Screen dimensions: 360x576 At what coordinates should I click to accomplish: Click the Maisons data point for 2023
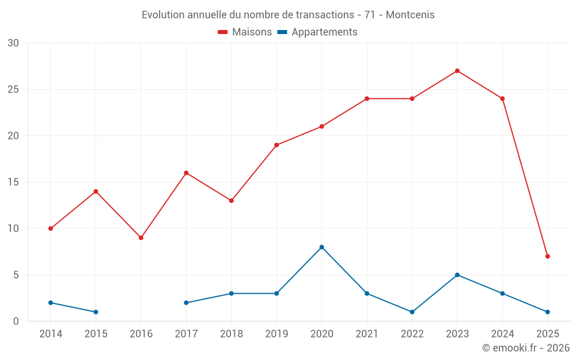(457, 71)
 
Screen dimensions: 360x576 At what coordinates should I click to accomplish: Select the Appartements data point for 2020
(321, 247)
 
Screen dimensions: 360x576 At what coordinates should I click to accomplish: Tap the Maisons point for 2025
(547, 256)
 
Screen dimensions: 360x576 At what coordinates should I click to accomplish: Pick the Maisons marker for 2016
(141, 238)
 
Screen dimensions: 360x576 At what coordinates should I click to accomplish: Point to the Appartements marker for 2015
(96, 312)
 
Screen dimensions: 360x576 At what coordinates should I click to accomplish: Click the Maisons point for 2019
(276, 145)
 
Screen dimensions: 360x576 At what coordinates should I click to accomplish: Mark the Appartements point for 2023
(457, 275)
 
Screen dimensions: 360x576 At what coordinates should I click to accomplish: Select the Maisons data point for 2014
(51, 229)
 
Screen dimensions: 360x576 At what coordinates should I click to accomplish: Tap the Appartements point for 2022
(412, 312)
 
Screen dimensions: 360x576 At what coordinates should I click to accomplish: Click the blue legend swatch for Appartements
(282, 32)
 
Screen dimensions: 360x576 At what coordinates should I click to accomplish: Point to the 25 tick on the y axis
(13, 89)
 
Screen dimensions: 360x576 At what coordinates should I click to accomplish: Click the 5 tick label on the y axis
(16, 275)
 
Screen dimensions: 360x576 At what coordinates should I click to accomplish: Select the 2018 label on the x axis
(231, 334)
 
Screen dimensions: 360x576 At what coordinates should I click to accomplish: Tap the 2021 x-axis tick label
(367, 334)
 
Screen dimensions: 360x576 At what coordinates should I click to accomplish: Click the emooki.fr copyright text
(526, 348)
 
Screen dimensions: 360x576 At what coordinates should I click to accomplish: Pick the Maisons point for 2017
(186, 173)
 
